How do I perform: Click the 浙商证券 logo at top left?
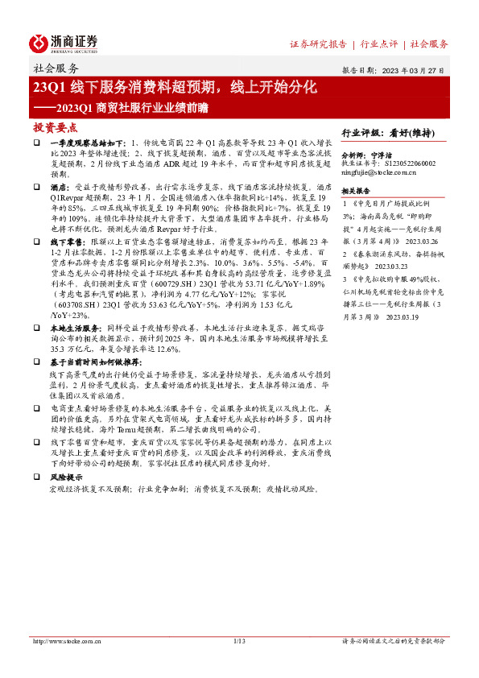tap(64, 43)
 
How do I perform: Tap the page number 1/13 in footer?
tap(238, 641)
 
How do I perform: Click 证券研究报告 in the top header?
tap(318, 43)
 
